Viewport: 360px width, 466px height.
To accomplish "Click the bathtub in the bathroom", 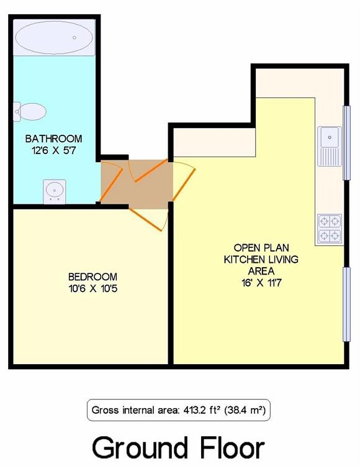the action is click(54, 37).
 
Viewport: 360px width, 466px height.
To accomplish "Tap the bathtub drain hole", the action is click(74, 37).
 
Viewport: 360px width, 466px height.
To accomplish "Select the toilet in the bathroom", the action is click(30, 112).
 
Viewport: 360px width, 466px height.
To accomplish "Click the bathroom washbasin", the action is click(55, 192).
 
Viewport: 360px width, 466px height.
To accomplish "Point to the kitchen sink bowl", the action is click(329, 137).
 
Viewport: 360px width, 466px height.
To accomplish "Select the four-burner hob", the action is click(330, 229).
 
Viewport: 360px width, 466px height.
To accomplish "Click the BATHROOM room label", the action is click(54, 139).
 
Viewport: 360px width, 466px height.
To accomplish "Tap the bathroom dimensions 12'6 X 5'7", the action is click(54, 150).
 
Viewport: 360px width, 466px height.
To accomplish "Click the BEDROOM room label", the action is click(92, 276).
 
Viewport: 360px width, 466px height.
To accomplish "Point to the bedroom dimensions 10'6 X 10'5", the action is click(93, 288).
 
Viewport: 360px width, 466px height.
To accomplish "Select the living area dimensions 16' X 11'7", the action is click(261, 283).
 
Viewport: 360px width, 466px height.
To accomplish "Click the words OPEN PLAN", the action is click(261, 247).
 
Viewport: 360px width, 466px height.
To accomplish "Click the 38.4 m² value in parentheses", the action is click(245, 411).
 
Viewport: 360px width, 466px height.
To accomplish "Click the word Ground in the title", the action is click(140, 448).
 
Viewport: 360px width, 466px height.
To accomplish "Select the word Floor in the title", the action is click(232, 447).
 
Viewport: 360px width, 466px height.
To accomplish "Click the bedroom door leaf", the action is click(145, 219).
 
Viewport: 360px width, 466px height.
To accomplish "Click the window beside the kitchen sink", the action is click(346, 143).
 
